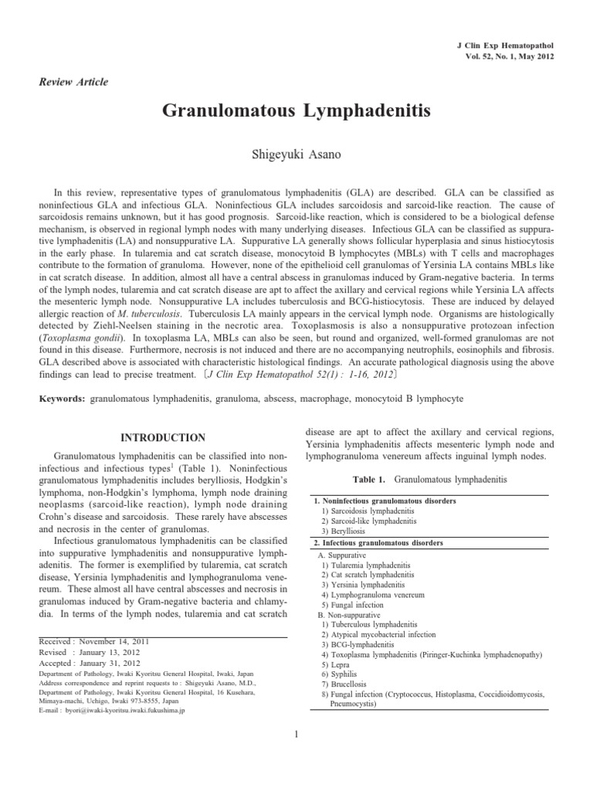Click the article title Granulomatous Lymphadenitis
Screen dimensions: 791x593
(296, 113)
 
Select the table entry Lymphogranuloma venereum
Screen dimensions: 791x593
(365, 596)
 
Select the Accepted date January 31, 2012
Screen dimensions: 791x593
(113, 662)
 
